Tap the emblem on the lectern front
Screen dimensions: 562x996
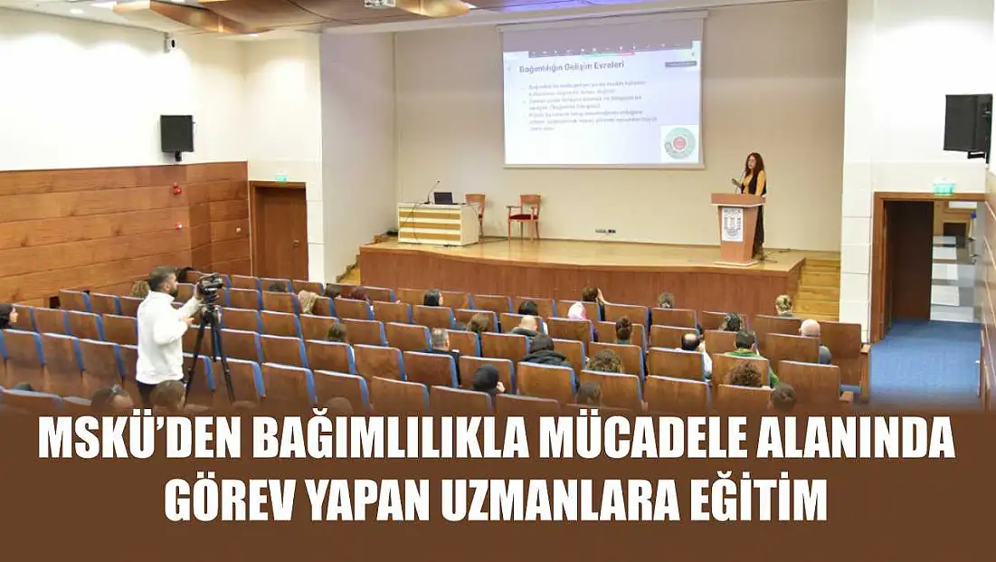click(x=732, y=223)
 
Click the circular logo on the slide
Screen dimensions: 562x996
click(x=679, y=143)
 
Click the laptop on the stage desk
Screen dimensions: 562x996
click(x=443, y=197)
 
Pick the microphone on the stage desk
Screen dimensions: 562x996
click(x=432, y=190)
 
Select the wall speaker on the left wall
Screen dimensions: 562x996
click(x=176, y=135)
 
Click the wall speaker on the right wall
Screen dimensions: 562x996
click(x=966, y=123)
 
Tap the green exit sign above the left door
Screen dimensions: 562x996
click(x=280, y=178)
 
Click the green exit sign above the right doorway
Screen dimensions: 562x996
click(x=944, y=187)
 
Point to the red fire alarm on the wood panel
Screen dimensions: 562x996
click(x=177, y=190)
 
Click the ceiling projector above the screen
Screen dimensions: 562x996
click(x=380, y=5)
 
